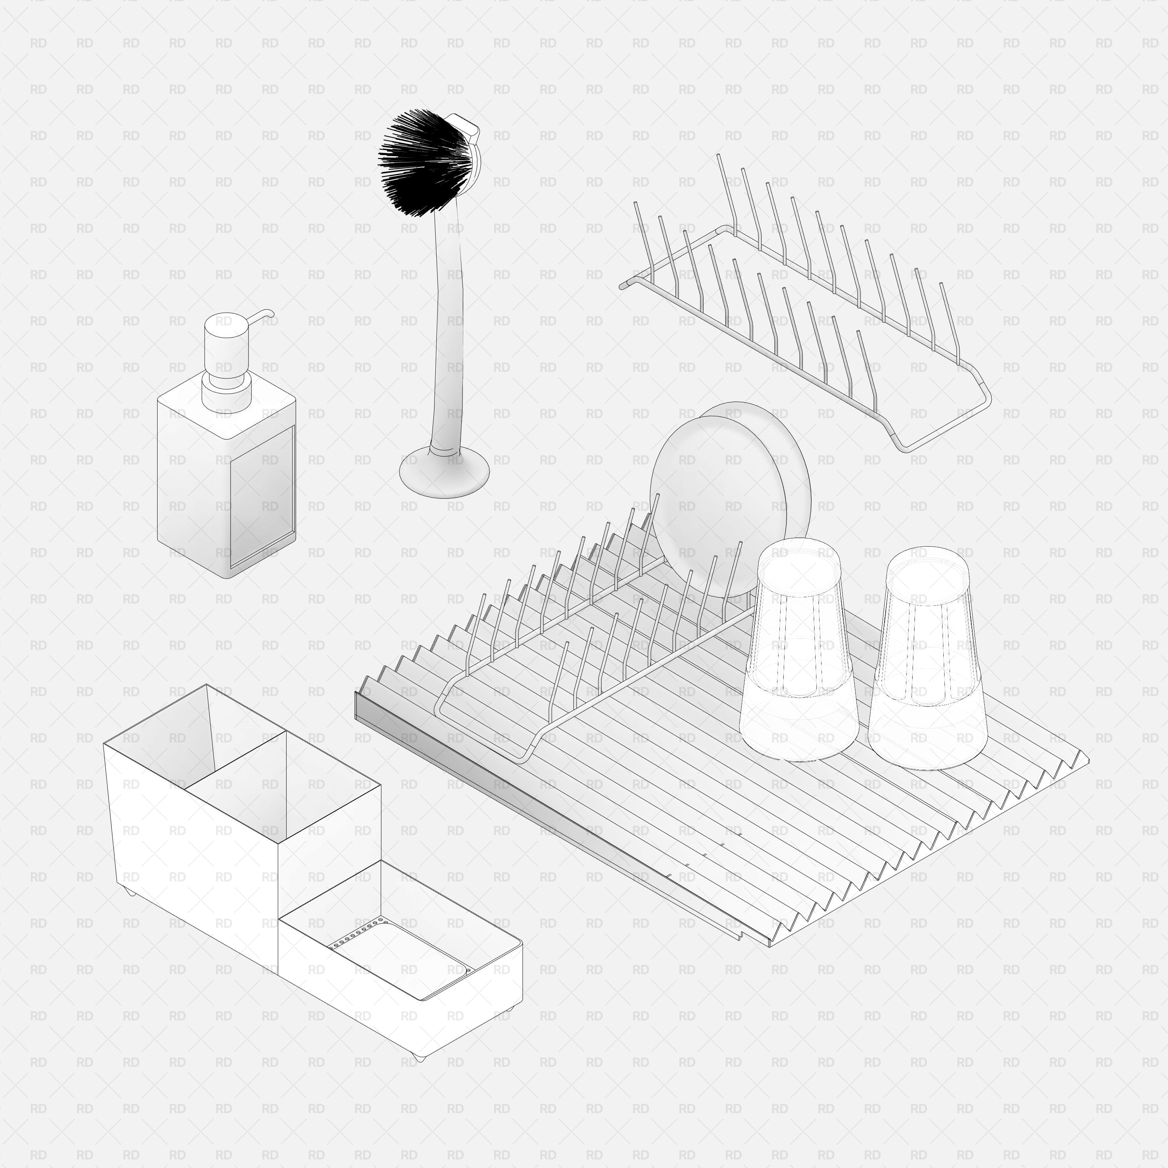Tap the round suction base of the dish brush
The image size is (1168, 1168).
(444, 471)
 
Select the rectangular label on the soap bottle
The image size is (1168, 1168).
(262, 496)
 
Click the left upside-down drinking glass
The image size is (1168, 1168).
(798, 650)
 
